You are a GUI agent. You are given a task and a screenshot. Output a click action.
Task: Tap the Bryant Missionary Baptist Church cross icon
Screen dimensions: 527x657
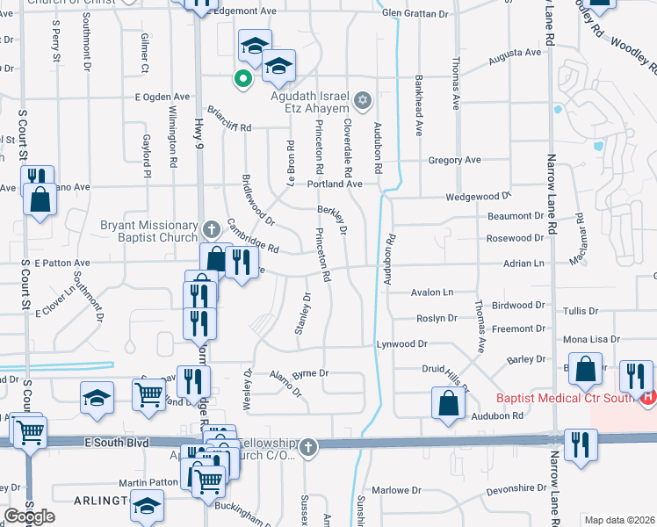pyautogui.click(x=210, y=230)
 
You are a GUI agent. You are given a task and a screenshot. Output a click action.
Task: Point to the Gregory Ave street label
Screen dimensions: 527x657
pyautogui.click(x=454, y=161)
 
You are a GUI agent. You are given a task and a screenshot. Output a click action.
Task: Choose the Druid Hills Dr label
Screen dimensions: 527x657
pyautogui.click(x=450, y=377)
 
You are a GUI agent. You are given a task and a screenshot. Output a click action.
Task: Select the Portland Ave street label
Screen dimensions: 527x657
pyautogui.click(x=335, y=184)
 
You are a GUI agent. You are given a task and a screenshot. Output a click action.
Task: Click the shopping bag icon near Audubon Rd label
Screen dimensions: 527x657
pyautogui.click(x=448, y=404)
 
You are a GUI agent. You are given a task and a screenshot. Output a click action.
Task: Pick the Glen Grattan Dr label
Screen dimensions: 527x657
pyautogui.click(x=415, y=13)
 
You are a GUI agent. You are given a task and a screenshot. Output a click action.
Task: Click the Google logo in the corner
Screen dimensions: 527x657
pyautogui.click(x=29, y=516)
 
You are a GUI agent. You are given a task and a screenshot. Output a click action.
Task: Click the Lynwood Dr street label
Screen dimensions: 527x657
pyautogui.click(x=402, y=344)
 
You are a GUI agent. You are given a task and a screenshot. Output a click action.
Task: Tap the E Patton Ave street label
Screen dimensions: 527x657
pyautogui.click(x=62, y=263)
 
